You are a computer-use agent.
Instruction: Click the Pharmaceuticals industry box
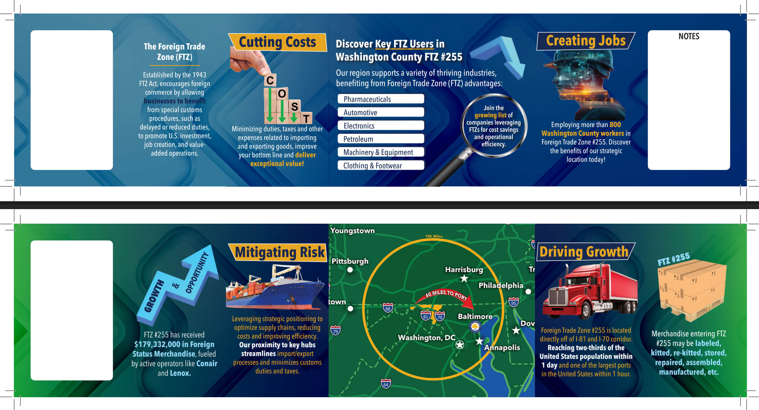381,99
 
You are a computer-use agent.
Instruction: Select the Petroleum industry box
381,139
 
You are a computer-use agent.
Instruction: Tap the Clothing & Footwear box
381,165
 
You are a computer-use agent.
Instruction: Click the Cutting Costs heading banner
277,42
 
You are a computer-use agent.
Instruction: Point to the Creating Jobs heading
586,41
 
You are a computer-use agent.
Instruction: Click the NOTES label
689,36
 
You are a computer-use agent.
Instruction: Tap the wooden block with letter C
270,80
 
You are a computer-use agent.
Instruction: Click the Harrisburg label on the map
464,270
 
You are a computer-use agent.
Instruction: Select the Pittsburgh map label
350,261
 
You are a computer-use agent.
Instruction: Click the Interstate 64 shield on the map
386,383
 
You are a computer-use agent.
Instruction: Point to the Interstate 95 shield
513,302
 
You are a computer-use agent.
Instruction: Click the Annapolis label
502,347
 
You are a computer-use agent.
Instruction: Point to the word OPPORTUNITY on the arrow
197,273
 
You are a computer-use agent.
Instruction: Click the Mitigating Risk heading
280,252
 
